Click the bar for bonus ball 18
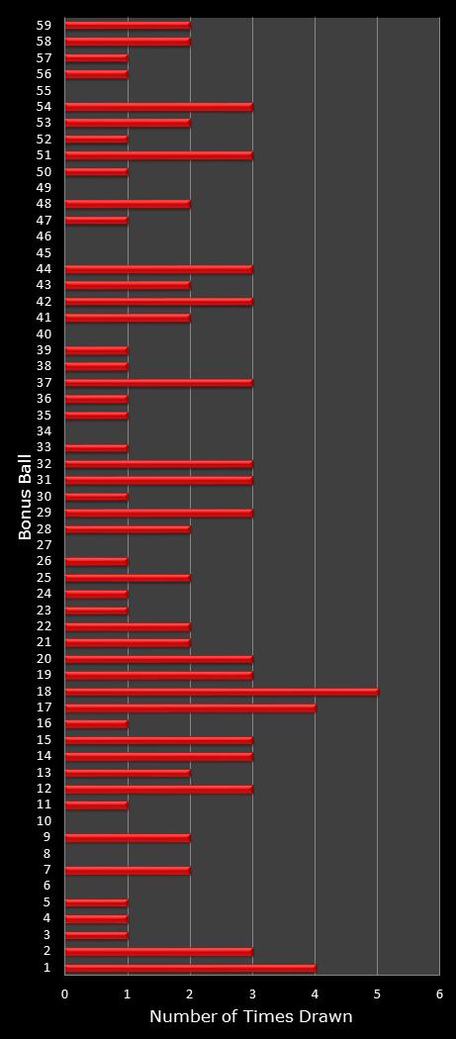(222, 692)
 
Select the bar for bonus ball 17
(190, 708)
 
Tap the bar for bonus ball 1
(190, 968)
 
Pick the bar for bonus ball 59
(128, 25)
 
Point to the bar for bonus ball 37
(158, 383)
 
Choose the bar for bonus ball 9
(128, 838)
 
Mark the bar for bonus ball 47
(96, 220)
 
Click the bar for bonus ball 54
(158, 107)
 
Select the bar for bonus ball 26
(96, 561)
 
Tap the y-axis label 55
(44, 90)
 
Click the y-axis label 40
(44, 334)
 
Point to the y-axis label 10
(44, 821)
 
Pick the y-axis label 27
(44, 545)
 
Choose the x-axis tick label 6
(439, 993)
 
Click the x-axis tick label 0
(65, 993)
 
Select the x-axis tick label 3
(252, 993)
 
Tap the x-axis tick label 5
(377, 993)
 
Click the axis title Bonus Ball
(25, 496)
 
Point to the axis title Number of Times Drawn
(251, 1017)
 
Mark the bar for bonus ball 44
(158, 269)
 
